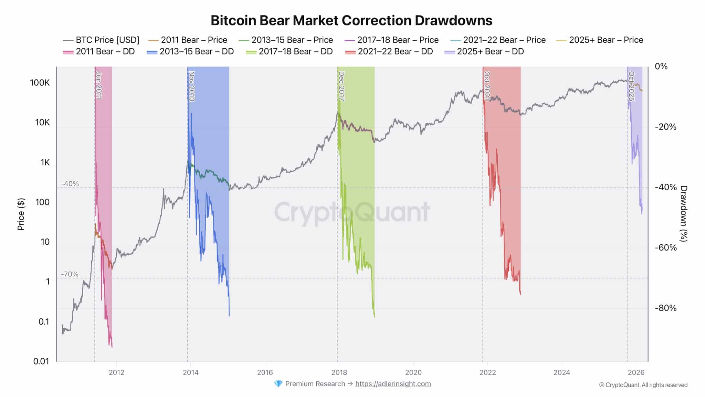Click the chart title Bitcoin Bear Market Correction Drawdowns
tap(351, 20)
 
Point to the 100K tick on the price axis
tap(40, 83)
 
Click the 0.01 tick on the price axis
tap(41, 361)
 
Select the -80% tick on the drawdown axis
tap(665, 308)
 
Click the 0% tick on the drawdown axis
tap(661, 67)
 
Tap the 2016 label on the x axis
tap(265, 373)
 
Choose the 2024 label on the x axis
tap(561, 373)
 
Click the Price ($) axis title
tap(21, 214)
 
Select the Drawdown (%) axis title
tap(684, 214)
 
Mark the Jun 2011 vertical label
tap(99, 85)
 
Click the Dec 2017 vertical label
tap(341, 86)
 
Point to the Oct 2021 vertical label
tap(487, 85)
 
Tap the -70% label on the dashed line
tap(70, 274)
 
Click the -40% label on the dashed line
tap(70, 184)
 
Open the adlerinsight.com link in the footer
tap(393, 384)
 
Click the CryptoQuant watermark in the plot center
tap(352, 212)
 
